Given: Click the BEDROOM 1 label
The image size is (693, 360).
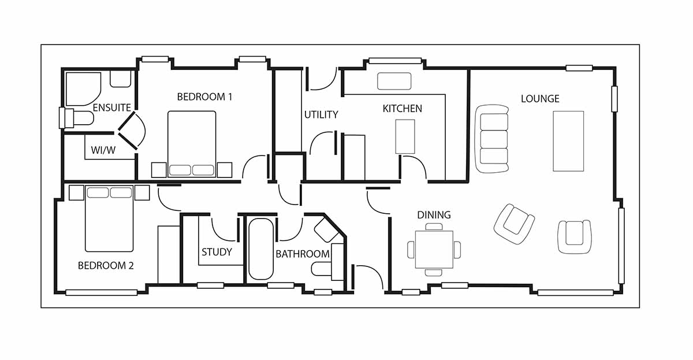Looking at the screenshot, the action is point(204,97).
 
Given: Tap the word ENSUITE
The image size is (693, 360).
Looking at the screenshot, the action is point(112,107).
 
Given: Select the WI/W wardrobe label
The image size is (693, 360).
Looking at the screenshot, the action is point(103,150).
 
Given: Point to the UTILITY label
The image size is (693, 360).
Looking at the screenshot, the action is point(321,115).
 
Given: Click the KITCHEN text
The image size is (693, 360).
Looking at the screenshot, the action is point(402,109).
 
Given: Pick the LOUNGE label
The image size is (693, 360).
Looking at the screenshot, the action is point(540,99).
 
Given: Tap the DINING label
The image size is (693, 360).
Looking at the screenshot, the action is point(434,215).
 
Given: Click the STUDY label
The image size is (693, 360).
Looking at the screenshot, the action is point(217,252).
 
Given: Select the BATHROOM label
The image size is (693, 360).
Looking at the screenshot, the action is point(303,254).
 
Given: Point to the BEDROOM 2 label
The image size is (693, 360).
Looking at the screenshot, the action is point(106,266).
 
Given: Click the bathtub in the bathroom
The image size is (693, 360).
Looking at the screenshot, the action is point(261,249).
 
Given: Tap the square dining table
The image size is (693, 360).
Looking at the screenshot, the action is point(434,250).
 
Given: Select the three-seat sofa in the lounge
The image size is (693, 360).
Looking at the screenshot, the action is point(492,139).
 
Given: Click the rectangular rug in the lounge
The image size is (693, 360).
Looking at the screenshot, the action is point(568,141).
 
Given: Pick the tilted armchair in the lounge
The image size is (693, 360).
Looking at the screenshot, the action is point(514,224).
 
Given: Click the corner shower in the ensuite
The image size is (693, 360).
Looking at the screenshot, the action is point(83,89).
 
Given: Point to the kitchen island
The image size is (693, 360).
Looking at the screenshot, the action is point(405,136).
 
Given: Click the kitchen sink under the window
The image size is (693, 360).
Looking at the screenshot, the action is point(394,81).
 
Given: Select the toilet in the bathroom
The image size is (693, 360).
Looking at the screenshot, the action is point(323,269).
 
